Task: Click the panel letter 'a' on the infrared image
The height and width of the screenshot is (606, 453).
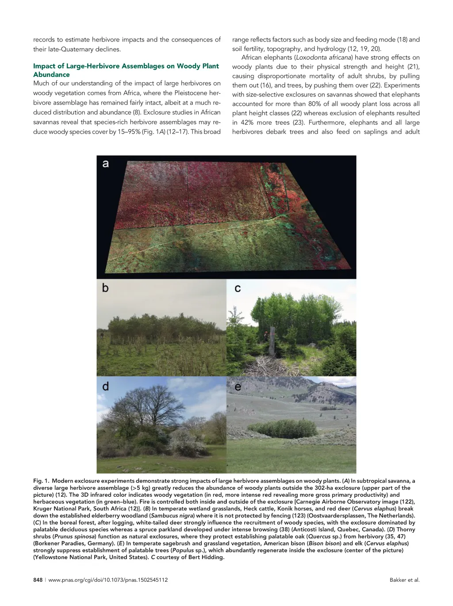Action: click(106, 164)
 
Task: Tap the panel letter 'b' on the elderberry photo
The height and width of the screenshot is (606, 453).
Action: click(105, 288)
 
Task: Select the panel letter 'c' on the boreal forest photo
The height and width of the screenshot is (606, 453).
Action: click(238, 288)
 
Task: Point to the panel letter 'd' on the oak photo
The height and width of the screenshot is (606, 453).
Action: click(105, 387)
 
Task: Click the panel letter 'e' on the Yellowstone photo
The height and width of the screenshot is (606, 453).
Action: click(238, 387)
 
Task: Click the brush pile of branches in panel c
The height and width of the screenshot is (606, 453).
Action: click(265, 364)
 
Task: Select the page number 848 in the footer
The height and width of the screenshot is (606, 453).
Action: click(38, 580)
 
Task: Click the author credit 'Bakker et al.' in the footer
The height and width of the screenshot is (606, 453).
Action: click(404, 580)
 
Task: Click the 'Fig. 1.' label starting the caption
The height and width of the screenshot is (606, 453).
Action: click(41, 481)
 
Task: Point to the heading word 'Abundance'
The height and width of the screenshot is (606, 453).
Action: click(51, 75)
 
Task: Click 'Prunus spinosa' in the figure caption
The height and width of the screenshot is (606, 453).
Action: click(72, 537)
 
